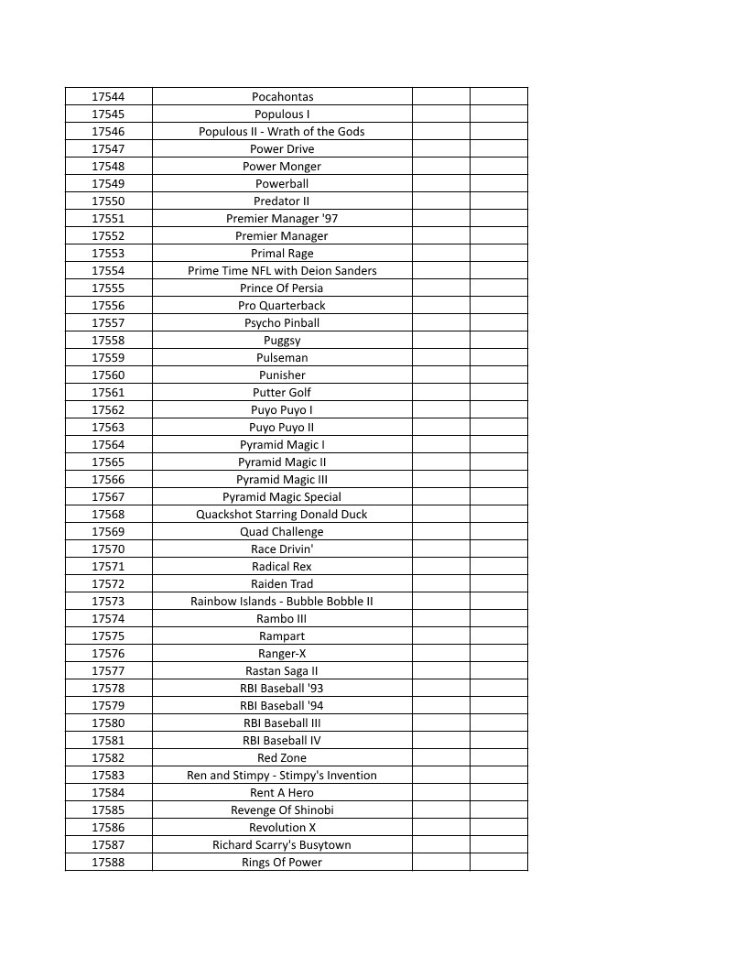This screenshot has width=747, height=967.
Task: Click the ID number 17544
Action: [x=108, y=97]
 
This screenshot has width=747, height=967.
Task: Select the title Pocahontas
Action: [x=282, y=97]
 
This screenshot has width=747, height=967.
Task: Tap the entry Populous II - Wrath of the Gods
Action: [x=282, y=132]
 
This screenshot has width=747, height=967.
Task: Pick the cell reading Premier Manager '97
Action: [x=282, y=219]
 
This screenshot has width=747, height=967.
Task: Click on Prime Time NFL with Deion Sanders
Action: [x=282, y=271]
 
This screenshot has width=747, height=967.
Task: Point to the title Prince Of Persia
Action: [x=282, y=288]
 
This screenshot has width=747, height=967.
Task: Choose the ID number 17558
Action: [x=108, y=341]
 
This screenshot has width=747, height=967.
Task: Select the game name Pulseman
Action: [x=282, y=358]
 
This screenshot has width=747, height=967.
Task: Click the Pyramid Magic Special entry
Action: [x=282, y=497]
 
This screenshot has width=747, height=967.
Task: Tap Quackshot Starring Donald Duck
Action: [x=282, y=515]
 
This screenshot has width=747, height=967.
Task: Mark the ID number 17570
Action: [x=108, y=549]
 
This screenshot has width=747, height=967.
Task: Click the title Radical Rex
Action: [x=282, y=567]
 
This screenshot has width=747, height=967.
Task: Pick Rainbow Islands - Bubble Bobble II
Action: [x=282, y=602]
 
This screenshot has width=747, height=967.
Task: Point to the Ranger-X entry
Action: [x=282, y=654]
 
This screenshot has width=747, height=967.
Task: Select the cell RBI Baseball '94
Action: [x=282, y=706]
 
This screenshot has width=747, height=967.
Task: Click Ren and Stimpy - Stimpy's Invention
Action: [x=282, y=776]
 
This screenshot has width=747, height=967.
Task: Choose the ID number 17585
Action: [x=108, y=810]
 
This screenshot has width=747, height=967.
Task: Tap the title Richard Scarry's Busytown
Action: [x=282, y=845]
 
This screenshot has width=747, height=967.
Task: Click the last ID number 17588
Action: [x=108, y=863]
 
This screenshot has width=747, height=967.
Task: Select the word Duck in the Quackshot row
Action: [x=353, y=515]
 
